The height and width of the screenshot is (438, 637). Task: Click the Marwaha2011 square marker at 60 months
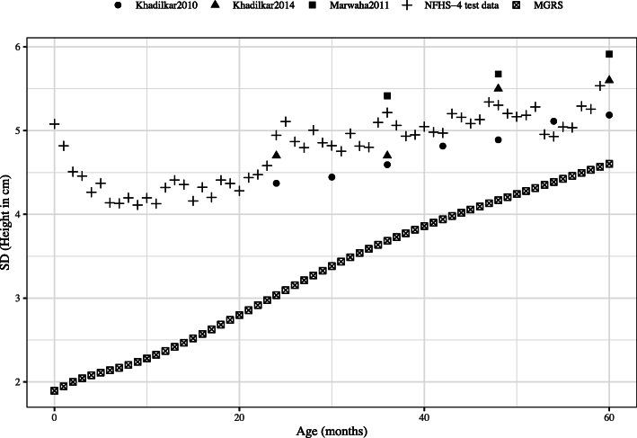(609, 54)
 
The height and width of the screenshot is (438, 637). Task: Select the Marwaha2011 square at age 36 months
(387, 95)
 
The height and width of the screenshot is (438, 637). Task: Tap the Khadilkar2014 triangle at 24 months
(276, 155)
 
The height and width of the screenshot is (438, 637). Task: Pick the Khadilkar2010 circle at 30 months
(332, 177)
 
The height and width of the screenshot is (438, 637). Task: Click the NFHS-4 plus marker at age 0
(55, 124)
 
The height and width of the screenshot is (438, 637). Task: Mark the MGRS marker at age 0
(55, 390)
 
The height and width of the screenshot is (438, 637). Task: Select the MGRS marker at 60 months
(609, 164)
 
